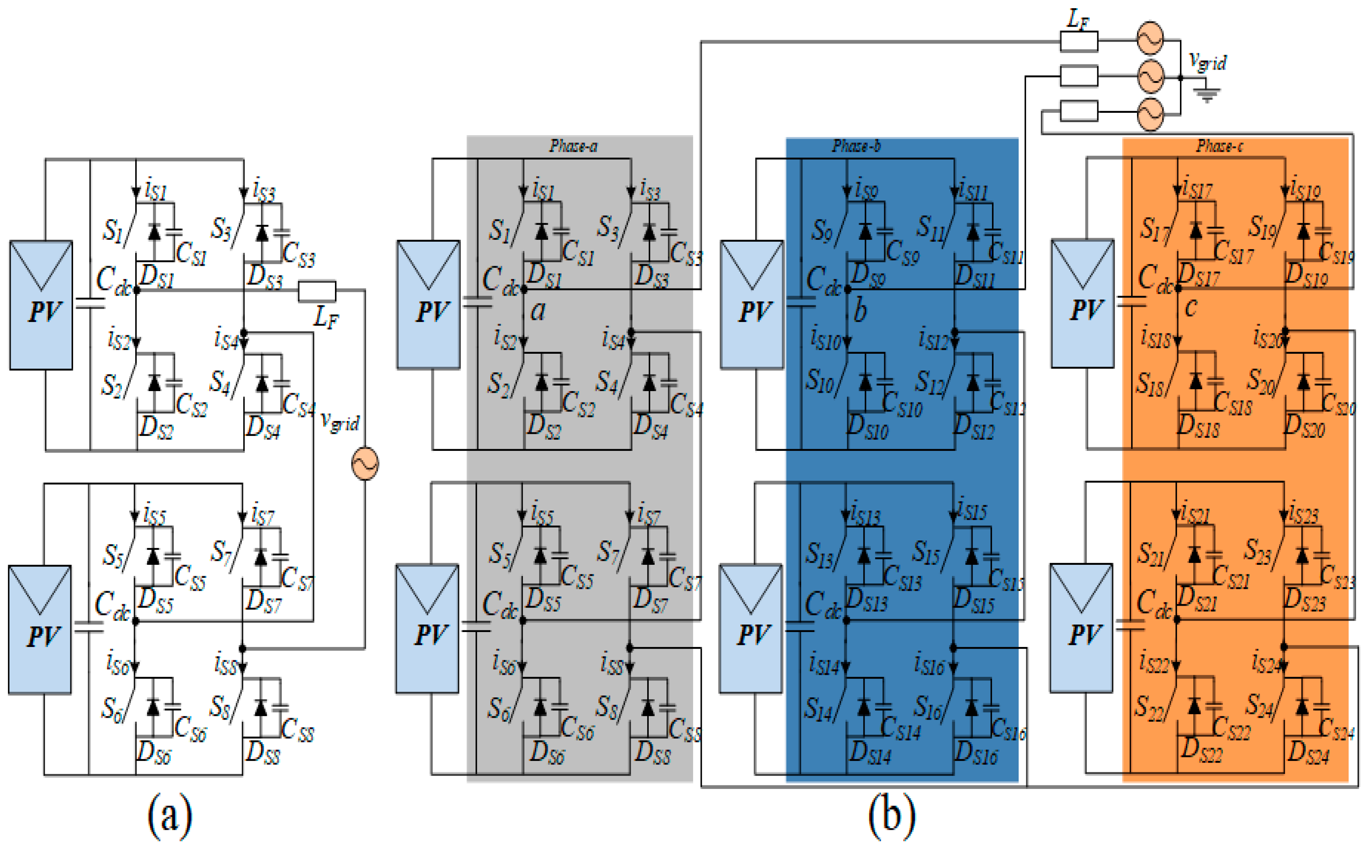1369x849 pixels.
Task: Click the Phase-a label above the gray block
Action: pyautogui.click(x=573, y=147)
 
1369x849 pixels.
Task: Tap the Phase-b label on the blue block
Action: pyautogui.click(x=856, y=147)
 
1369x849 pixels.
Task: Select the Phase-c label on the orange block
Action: pyautogui.click(x=1219, y=147)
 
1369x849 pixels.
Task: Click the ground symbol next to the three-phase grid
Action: pyautogui.click(x=1207, y=96)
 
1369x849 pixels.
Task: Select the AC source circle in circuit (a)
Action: pyautogui.click(x=365, y=463)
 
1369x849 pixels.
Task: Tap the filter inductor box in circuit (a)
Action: pyautogui.click(x=317, y=291)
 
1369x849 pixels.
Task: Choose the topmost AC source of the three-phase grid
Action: pyautogui.click(x=1150, y=38)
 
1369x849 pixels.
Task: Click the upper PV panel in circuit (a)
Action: pyautogui.click(x=41, y=305)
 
